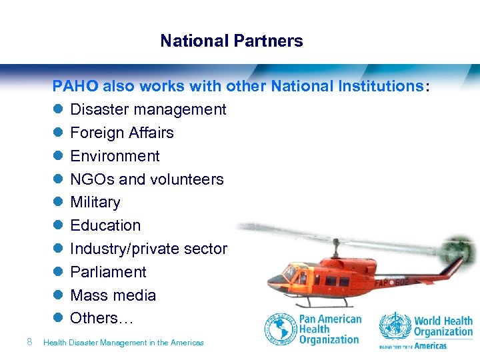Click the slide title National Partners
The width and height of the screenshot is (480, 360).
point(231,41)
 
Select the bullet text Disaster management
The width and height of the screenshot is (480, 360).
point(148,109)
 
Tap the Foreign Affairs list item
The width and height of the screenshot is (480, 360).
point(122,133)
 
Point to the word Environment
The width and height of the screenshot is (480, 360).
point(115,156)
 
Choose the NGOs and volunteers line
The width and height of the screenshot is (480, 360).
point(147,179)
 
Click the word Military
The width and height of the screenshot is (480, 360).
point(95,202)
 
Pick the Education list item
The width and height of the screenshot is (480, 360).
point(105,225)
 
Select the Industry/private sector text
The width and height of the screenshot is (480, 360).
point(149,249)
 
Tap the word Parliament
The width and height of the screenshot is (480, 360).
point(108,272)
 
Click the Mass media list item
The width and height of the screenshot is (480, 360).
point(113,295)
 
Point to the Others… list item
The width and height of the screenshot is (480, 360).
point(102,318)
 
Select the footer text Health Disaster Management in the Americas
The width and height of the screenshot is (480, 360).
point(123,343)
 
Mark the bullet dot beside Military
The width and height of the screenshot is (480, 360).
point(58,203)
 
